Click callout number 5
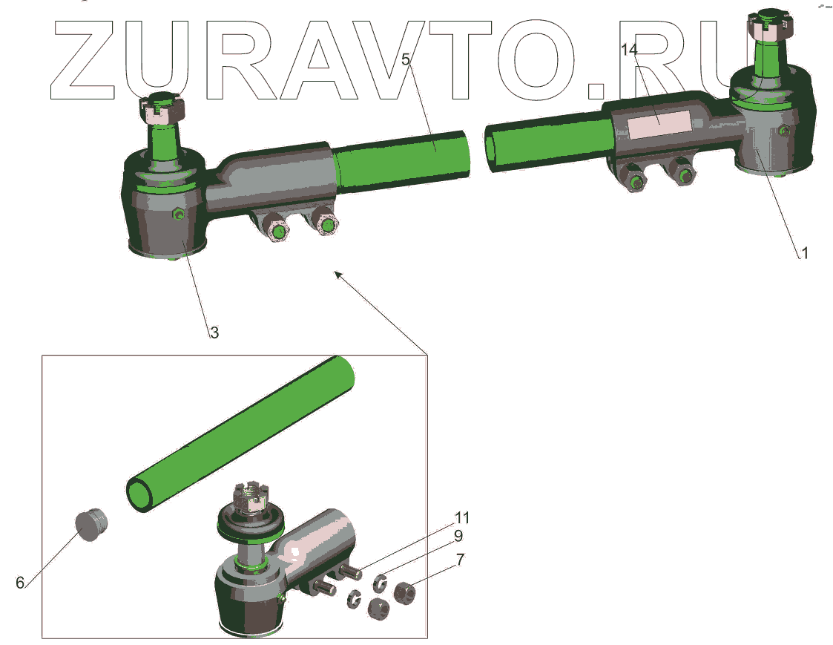click(406, 59)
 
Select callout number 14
click(629, 50)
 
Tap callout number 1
click(804, 252)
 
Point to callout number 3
click(214, 333)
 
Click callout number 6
click(19, 583)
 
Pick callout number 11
click(462, 517)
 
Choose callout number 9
click(458, 535)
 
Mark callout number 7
click(460, 560)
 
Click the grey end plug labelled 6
click(90, 524)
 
